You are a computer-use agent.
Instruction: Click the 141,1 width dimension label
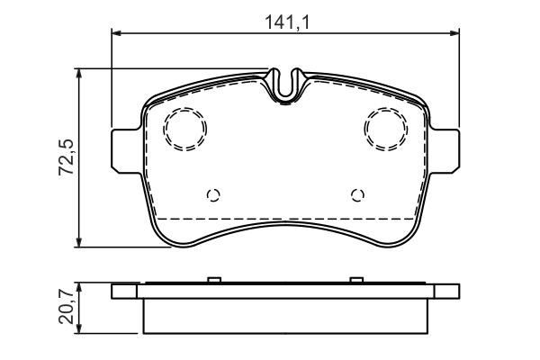click(x=287, y=22)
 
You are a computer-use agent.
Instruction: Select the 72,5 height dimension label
click(x=66, y=157)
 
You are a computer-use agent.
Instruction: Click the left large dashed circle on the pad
click(x=185, y=129)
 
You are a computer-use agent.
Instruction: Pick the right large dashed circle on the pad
click(x=386, y=129)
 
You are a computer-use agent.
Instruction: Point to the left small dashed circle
click(x=213, y=195)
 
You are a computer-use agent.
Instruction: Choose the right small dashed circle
click(x=358, y=195)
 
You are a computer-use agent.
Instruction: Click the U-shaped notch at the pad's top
click(x=285, y=85)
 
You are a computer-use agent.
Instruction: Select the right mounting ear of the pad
click(x=445, y=149)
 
